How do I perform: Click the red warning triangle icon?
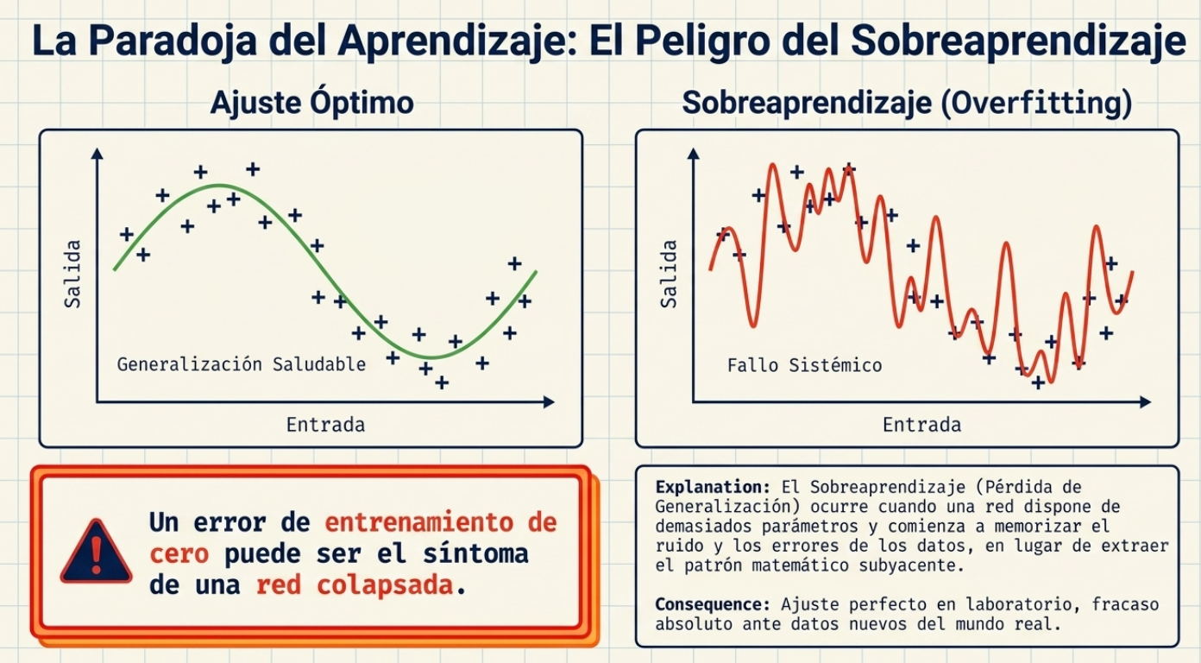pos(96,552)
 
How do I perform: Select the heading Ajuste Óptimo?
pos(311,104)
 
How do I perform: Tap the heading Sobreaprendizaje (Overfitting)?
pos(906,104)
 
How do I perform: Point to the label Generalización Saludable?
pos(242,364)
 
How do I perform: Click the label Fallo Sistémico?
pos(804,365)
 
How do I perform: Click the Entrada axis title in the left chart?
pos(325,425)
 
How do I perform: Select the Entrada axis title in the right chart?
pos(921,425)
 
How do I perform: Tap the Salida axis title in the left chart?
pos(72,274)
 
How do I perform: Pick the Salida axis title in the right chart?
pos(669,274)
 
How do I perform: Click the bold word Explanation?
pos(713,487)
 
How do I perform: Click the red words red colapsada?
pos(355,584)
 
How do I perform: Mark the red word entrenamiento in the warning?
pos(428,522)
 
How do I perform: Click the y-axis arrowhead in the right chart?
pos(693,155)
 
